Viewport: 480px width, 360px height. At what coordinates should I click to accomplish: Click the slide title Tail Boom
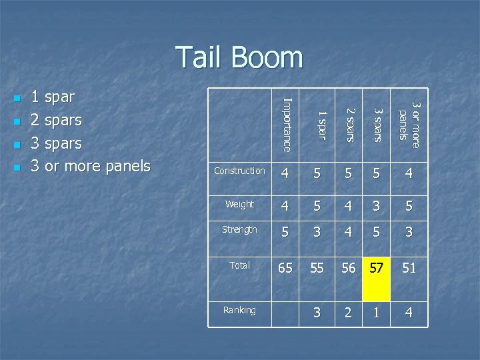[x=239, y=57]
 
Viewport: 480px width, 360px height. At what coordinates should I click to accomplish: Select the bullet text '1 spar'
[x=53, y=97]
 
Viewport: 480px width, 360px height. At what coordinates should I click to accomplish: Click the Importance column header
[x=286, y=123]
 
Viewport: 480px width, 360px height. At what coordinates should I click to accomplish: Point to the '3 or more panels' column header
[x=408, y=121]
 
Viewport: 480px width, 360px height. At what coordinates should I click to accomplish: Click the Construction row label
[x=239, y=171]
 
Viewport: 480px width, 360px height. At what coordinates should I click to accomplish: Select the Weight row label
[x=239, y=204]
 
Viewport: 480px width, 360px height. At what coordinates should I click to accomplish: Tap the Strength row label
[x=239, y=230]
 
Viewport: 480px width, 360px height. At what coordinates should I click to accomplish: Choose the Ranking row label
[x=239, y=310]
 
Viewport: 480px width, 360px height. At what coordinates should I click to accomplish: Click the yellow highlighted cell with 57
[x=377, y=268]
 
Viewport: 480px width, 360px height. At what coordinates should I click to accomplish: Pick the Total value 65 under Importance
[x=285, y=268]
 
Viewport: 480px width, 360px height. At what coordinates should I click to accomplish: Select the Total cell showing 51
[x=409, y=268]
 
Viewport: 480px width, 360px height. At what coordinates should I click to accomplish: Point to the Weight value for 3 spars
[x=377, y=206]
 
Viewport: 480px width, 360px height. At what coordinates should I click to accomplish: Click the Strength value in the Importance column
[x=285, y=233]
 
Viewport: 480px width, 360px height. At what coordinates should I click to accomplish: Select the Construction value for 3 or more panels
[x=409, y=174]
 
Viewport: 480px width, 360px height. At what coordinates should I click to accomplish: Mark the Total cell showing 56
[x=348, y=268]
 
